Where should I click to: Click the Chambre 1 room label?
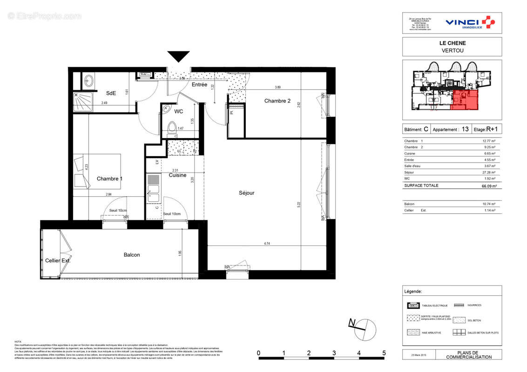point(110,179)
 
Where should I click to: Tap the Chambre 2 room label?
point(277,101)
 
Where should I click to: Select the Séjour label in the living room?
point(247,193)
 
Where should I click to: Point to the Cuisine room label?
point(177,175)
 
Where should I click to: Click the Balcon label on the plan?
point(132,255)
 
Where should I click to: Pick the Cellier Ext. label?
point(58,260)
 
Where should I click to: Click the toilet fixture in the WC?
point(172,127)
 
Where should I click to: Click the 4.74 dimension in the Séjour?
point(267,243)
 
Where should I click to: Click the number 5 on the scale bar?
point(384,353)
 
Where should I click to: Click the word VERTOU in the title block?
point(452,50)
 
